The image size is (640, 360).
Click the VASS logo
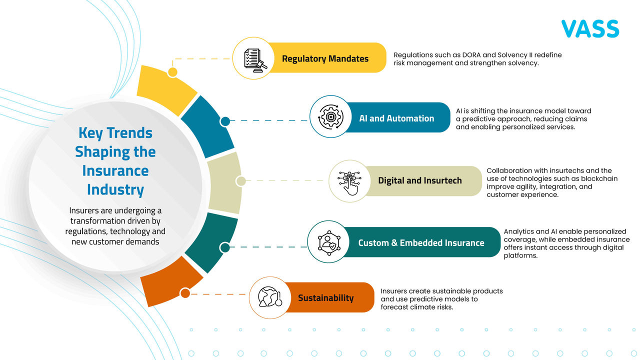[590, 29]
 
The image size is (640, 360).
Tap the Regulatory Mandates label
[325, 58]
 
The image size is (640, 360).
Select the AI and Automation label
[396, 118]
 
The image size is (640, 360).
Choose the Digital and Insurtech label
[420, 180]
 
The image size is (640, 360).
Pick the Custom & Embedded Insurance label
[421, 243]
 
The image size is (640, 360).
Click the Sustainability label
[325, 298]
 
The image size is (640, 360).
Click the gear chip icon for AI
[330, 117]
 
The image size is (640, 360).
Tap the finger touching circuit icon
[349, 181]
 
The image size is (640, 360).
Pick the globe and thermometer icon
[270, 297]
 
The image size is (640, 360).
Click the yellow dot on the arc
[172, 72]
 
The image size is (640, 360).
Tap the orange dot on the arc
[185, 293]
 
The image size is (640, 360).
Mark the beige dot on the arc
[240, 181]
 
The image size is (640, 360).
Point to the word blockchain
[599, 178]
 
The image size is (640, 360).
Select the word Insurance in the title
[115, 170]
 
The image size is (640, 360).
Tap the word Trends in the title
[129, 133]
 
